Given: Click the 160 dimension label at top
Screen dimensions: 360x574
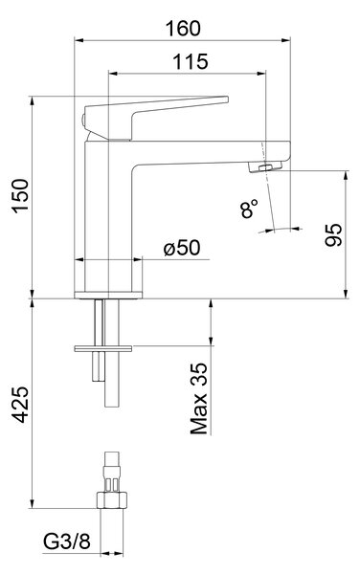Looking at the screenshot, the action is (x=183, y=29).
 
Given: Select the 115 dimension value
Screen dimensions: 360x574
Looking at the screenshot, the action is (x=191, y=61).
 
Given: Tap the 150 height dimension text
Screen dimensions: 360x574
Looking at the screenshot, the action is (x=20, y=195).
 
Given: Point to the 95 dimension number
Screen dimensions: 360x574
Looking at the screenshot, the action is (x=333, y=234).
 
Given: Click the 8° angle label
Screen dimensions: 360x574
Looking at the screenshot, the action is (x=249, y=209).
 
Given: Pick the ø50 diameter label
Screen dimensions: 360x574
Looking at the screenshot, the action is (x=182, y=248).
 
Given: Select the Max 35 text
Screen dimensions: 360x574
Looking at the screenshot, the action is (x=199, y=399).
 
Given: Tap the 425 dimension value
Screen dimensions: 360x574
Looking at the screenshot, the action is (x=20, y=405).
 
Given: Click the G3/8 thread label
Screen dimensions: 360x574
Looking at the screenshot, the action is (x=67, y=541).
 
